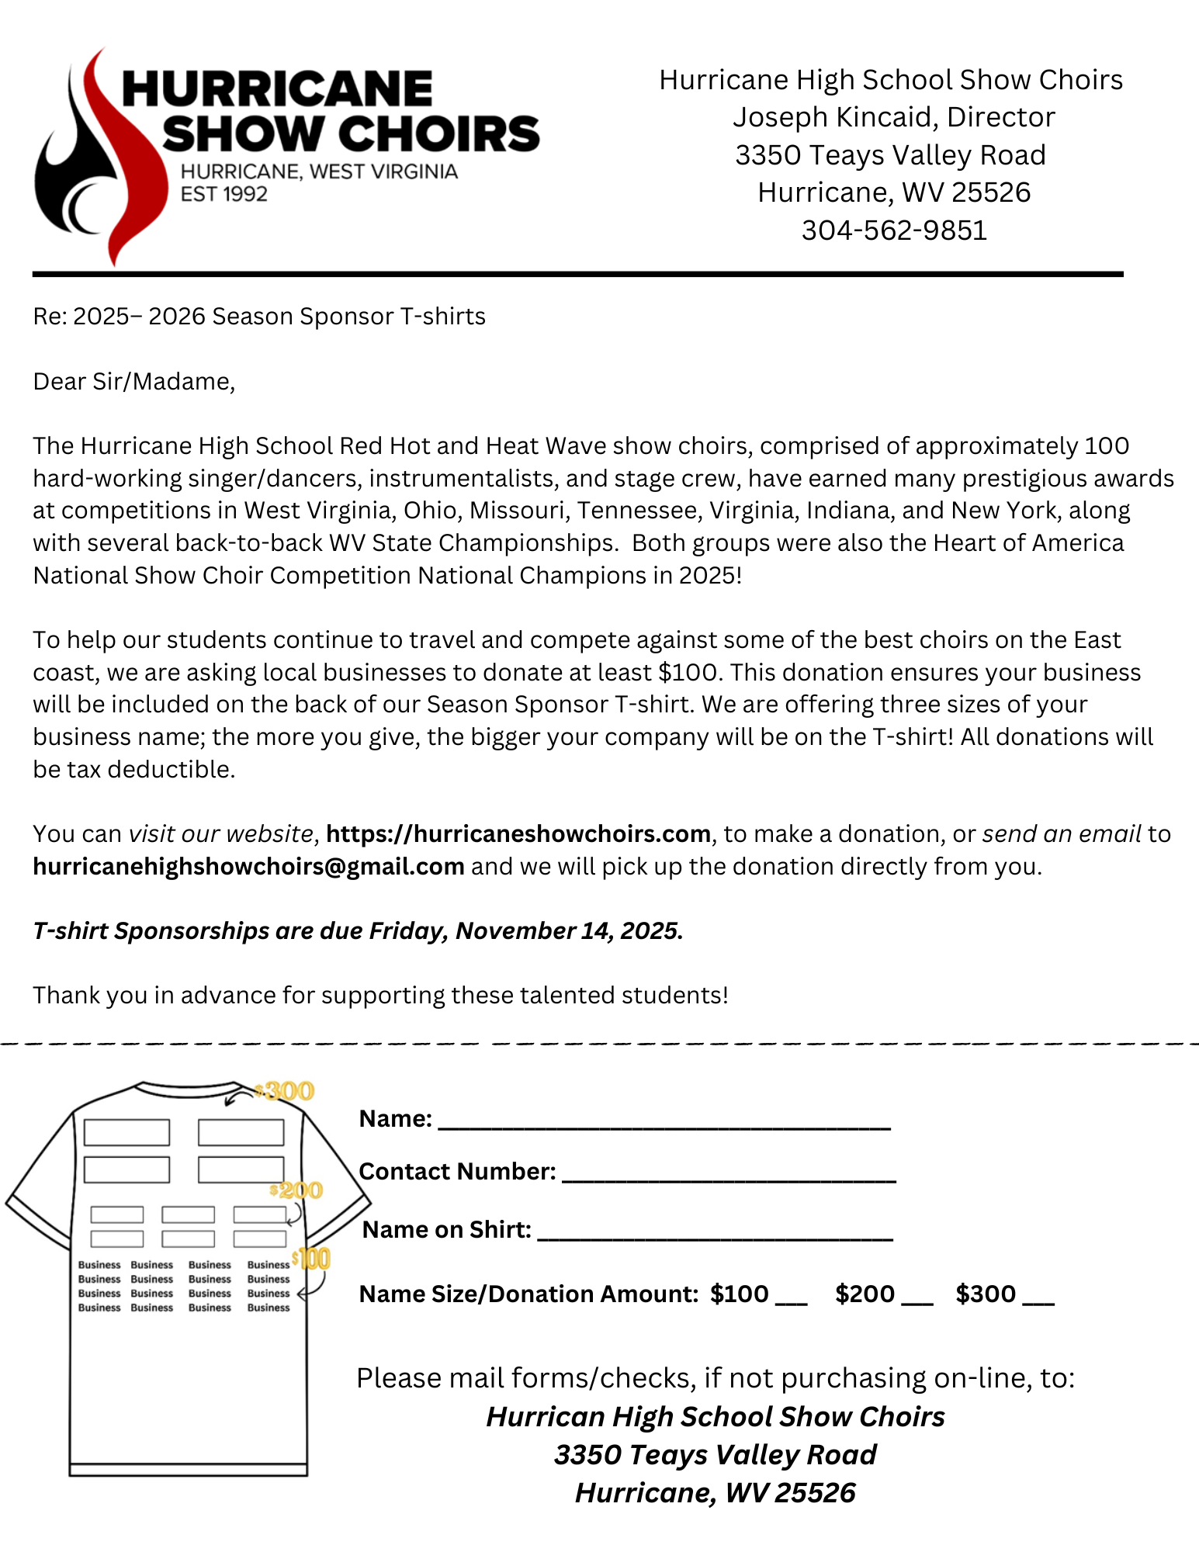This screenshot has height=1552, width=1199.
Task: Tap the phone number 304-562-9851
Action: [894, 230]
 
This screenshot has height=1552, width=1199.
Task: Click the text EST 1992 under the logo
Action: [224, 194]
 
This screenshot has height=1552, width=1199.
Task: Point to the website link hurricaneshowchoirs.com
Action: [518, 834]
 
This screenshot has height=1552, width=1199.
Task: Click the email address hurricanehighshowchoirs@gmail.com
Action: [248, 866]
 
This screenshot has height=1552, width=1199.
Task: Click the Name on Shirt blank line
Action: [714, 1234]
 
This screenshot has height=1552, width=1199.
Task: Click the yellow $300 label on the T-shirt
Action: [287, 1091]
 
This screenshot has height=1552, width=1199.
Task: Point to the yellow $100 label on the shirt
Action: [312, 1259]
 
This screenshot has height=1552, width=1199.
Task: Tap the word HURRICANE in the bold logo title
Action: [277, 89]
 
